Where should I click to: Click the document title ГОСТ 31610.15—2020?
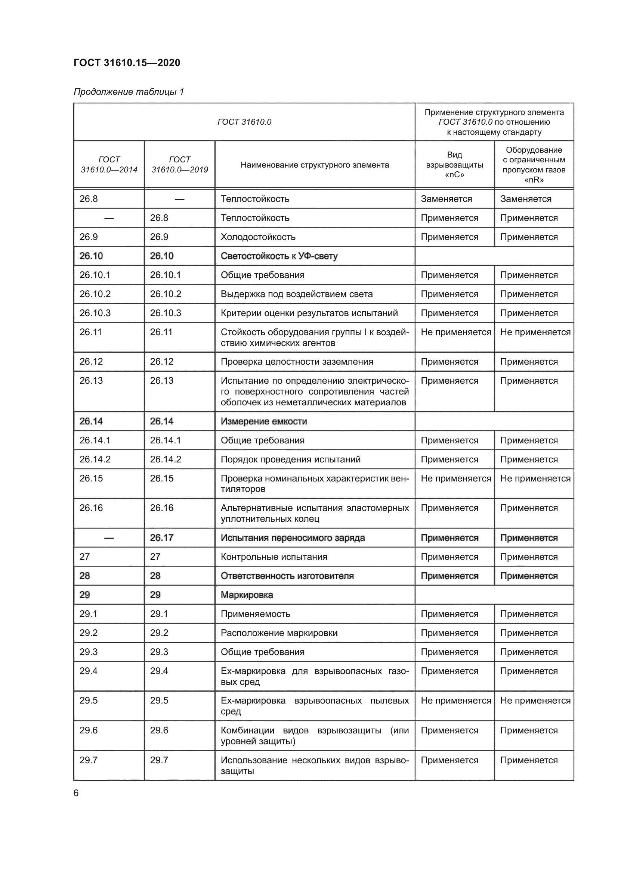127,63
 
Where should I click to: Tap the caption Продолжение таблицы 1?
129,92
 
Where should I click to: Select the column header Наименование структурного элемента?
314,165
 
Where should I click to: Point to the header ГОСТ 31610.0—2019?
180,165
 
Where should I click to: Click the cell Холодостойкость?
258,237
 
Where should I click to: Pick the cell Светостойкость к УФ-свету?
279,256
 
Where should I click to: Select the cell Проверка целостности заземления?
297,362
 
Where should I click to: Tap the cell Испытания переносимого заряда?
293,537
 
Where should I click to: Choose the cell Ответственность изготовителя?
287,576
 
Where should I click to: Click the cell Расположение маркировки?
279,633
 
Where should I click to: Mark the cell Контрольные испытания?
274,556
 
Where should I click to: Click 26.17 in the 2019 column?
161,537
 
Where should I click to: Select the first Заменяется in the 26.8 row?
446,199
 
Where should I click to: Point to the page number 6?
76,793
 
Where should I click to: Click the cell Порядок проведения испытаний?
290,459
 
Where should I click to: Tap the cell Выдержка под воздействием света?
296,294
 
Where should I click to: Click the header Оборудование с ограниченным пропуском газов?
534,165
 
